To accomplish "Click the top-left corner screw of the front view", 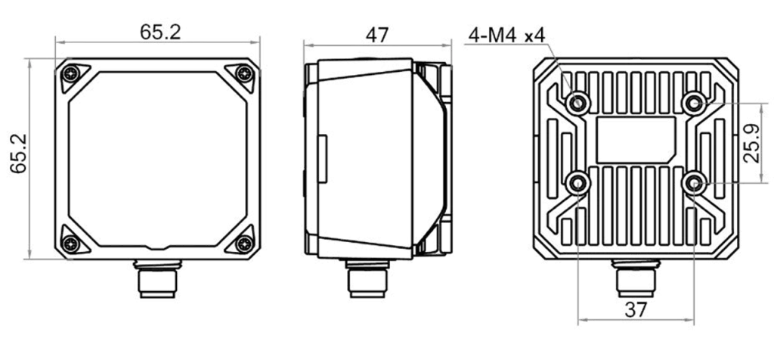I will [72, 75].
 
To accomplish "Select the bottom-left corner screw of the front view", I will [72, 244].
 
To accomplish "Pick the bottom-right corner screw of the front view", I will [243, 244].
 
